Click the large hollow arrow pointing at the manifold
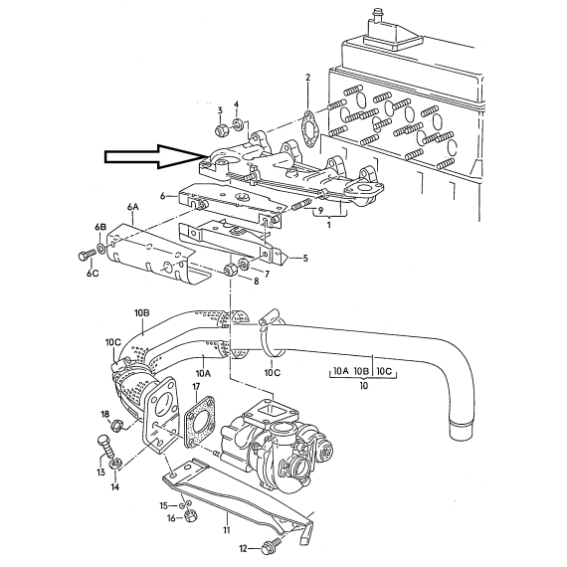click(x=153, y=156)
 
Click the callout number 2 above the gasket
click(x=307, y=77)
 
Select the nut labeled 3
click(x=220, y=130)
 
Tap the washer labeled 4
click(x=238, y=124)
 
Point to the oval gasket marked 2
click(x=310, y=130)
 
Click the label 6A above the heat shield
click(x=132, y=207)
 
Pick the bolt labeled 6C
click(x=87, y=257)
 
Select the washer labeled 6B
click(x=100, y=248)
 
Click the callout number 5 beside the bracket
click(x=305, y=259)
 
